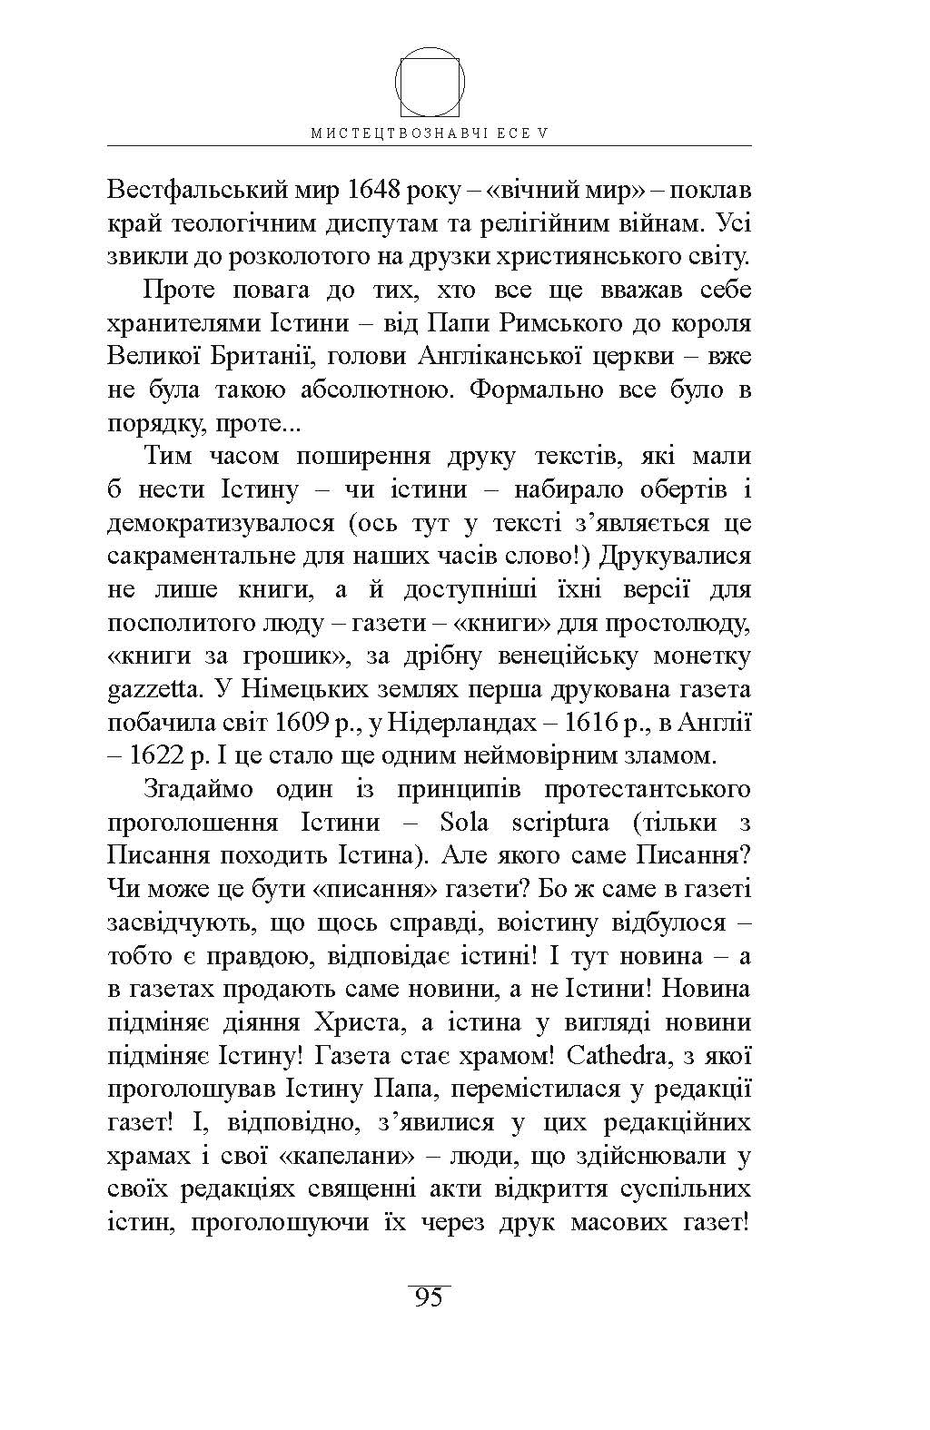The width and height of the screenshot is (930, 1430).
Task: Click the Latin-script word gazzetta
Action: click(152, 688)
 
